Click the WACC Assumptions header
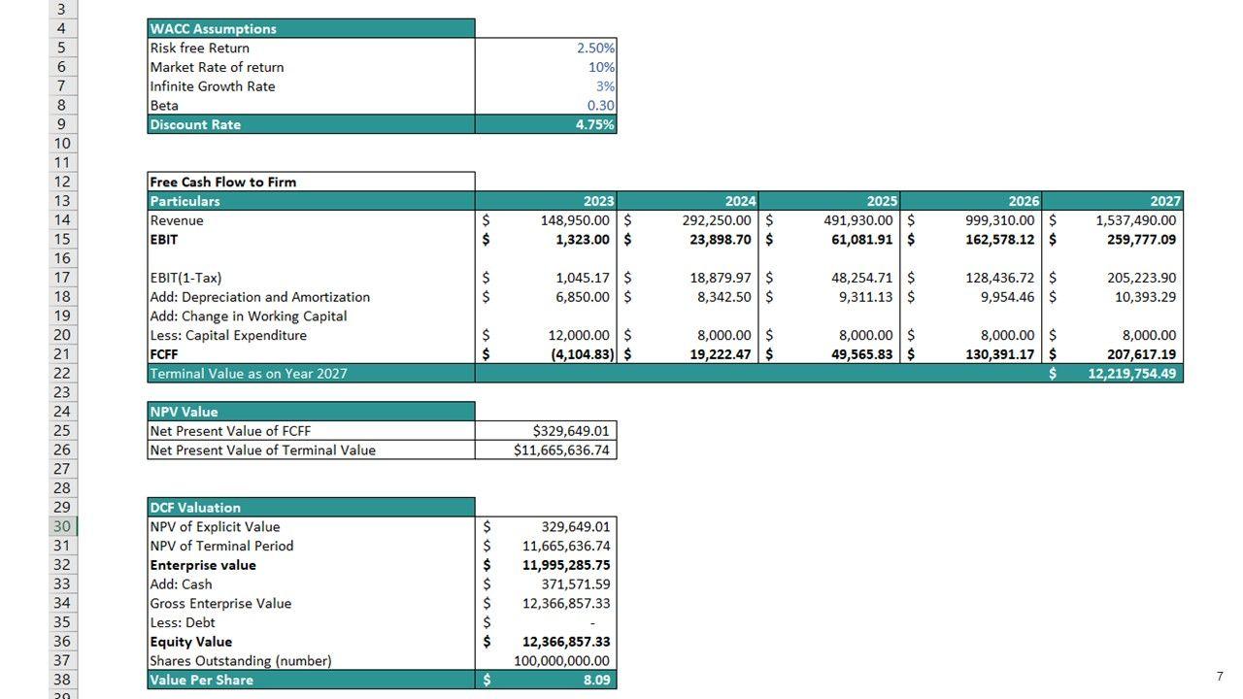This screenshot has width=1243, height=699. [214, 29]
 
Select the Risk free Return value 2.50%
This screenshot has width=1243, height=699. [595, 48]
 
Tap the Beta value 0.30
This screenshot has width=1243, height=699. [600, 105]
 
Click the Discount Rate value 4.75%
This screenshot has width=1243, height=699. [594, 124]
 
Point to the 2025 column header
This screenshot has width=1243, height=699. [882, 201]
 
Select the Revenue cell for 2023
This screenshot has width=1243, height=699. [575, 220]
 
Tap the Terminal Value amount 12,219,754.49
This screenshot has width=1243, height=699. [1126, 374]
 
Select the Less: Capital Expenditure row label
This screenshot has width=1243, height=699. [228, 335]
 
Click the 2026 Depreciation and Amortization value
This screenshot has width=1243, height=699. [999, 297]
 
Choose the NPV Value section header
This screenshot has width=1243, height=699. [184, 412]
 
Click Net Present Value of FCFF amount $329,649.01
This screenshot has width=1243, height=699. [571, 431]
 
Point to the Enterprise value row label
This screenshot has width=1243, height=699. [203, 565]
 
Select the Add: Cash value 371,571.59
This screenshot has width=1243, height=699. [576, 584]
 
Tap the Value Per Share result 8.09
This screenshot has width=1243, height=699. [596, 680]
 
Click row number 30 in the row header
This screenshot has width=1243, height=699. [62, 526]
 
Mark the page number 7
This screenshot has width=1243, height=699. [1220, 677]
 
